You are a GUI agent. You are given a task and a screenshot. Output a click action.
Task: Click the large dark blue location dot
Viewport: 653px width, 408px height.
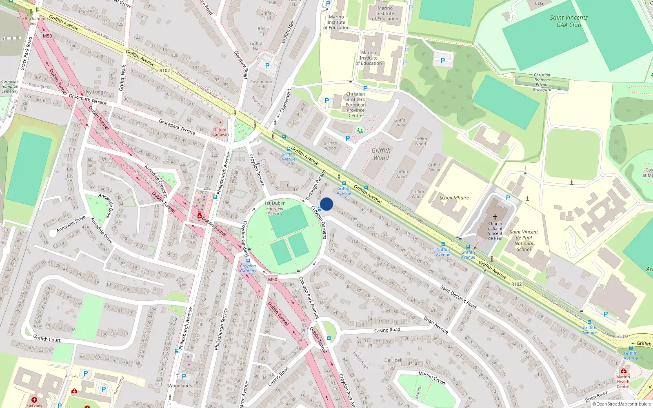pos(326,204)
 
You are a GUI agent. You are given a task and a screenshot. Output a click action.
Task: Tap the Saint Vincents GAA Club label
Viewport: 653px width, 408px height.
pos(569,21)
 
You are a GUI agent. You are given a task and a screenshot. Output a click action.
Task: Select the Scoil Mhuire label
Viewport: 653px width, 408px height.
pos(454,198)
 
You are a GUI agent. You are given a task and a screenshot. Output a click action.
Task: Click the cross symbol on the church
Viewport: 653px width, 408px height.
pos(495,217)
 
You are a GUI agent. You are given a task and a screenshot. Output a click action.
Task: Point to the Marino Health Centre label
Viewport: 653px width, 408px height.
pos(623,381)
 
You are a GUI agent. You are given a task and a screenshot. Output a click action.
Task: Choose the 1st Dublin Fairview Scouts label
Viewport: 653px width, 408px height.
pos(275,208)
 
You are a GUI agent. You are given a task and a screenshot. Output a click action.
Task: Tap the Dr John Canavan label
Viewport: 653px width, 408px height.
pos(220,132)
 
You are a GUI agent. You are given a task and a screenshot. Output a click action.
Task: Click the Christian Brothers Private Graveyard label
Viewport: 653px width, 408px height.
pos(542,82)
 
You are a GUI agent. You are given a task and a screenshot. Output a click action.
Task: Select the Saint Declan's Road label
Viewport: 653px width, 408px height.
pos(458,297)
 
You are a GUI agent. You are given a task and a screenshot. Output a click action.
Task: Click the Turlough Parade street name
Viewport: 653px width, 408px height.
pos(315,185)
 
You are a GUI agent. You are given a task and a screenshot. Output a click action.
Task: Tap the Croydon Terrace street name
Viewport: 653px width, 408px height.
pos(257,170)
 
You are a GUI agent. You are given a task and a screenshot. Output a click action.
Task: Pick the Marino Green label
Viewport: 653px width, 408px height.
pos(431,377)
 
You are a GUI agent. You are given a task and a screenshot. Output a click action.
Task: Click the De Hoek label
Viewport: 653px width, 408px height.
pos(393,360)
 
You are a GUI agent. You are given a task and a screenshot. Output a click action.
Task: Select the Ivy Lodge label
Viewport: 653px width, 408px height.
pos(96,92)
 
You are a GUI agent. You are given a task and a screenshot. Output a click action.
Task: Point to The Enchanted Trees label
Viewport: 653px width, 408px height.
pos(31,21)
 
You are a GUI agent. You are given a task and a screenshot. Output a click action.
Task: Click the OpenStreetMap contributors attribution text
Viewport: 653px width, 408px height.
pos(621,404)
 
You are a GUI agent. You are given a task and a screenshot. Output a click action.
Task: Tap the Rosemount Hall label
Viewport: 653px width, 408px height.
pos(261,84)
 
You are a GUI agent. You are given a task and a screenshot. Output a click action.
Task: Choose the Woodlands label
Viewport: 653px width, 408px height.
pos(180,386)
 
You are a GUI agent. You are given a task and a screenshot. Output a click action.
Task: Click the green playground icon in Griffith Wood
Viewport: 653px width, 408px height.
pos(360,131)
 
